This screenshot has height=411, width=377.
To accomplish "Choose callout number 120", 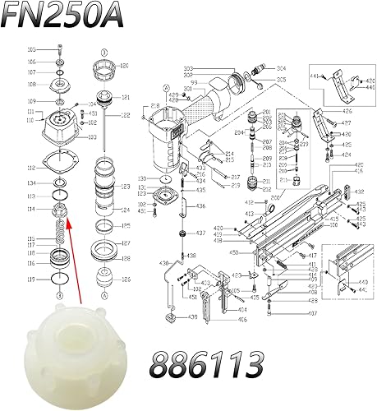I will (125, 65).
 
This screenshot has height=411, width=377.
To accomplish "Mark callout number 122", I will (125, 116).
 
